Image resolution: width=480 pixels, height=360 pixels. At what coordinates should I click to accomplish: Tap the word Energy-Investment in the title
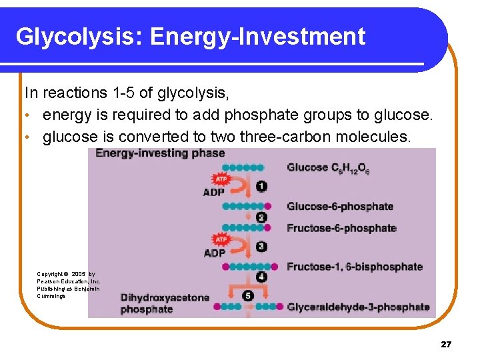tap(258, 37)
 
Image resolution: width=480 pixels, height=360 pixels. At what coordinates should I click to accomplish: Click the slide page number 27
tap(446, 345)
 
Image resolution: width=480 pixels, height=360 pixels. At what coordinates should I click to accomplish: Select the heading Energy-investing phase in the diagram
tap(160, 153)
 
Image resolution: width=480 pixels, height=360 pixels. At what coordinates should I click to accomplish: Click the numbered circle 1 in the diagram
tap(262, 186)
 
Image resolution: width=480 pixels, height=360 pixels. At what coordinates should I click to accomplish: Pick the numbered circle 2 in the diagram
tap(261, 217)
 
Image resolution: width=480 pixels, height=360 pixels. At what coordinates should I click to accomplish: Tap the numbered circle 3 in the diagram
tap(262, 247)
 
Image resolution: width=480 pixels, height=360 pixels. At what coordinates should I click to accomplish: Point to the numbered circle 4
tap(261, 277)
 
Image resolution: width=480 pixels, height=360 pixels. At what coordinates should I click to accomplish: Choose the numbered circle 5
tap(248, 295)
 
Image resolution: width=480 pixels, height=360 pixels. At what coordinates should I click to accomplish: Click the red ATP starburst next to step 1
tap(220, 179)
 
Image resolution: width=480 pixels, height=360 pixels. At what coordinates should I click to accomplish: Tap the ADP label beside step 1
tap(215, 193)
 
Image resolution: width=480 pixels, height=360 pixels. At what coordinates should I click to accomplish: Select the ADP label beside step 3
tap(215, 253)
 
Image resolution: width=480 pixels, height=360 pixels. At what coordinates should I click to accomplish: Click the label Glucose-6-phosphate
tap(340, 207)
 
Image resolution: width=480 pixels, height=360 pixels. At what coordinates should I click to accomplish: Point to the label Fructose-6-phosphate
tap(341, 228)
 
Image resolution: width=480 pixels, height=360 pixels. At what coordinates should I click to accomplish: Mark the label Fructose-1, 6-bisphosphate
tap(355, 267)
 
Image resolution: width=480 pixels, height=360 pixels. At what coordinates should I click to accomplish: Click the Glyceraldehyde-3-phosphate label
tap(358, 307)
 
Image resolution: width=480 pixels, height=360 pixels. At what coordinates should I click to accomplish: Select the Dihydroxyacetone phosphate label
tap(165, 303)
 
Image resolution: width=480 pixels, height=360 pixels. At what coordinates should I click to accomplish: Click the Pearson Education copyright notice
tap(69, 285)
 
